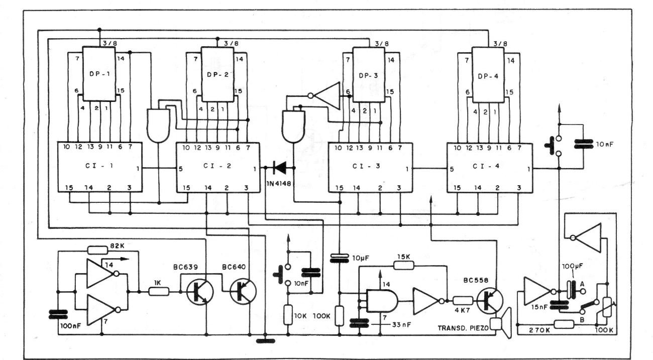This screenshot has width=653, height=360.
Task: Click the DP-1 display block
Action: pos(99,74)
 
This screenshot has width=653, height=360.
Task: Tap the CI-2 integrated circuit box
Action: pos(217,167)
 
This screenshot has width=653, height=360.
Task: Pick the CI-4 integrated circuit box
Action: pos(490,167)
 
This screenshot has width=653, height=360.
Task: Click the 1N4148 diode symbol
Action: pos(277,167)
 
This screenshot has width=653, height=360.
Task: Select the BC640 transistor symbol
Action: pos(243,291)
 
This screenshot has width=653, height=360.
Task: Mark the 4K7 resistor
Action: pos(462,301)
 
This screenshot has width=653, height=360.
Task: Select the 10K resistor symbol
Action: pos(287,316)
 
